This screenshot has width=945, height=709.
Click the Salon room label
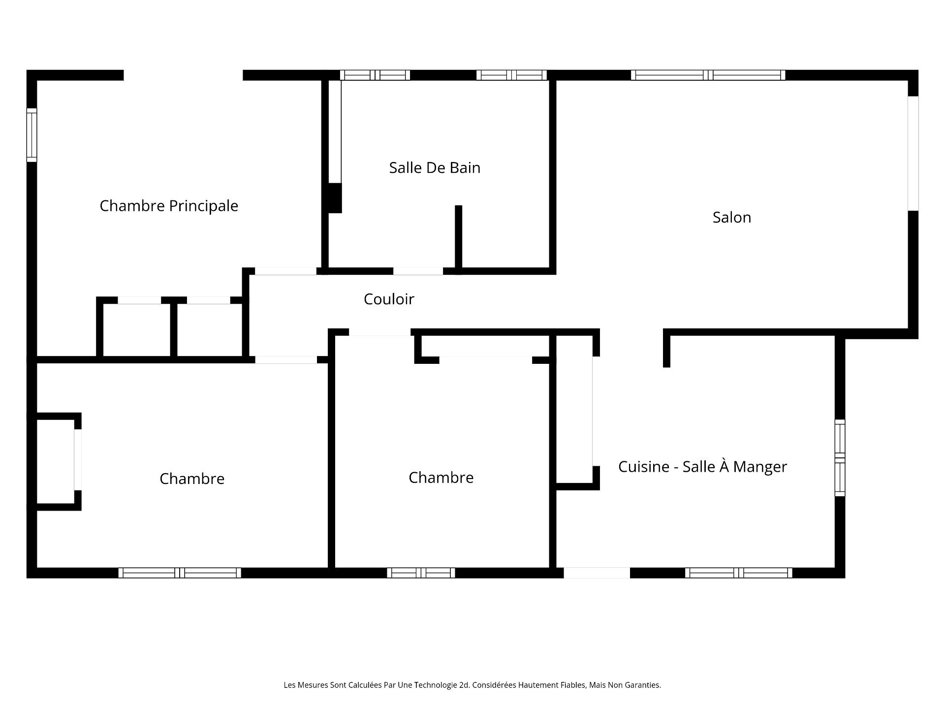click(x=731, y=218)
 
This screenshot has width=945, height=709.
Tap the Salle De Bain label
click(x=434, y=168)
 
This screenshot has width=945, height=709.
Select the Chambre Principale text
click(x=169, y=206)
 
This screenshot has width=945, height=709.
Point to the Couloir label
click(x=389, y=299)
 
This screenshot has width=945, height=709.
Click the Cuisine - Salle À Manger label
click(x=702, y=467)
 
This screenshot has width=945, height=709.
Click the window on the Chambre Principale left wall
click(x=31, y=135)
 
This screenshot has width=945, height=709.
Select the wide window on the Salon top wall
click(x=708, y=75)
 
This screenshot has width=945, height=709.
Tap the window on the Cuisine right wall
click(x=840, y=458)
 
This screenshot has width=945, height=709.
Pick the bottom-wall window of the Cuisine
click(x=738, y=573)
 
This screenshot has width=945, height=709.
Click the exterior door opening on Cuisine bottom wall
click(x=597, y=573)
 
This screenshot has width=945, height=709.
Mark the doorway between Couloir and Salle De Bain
click(x=418, y=271)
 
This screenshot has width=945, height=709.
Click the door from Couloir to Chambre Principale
click(x=285, y=271)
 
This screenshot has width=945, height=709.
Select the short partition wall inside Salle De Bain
click(x=458, y=236)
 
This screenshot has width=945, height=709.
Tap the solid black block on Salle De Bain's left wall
click(x=335, y=198)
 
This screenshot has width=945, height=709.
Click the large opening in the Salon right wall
click(x=913, y=153)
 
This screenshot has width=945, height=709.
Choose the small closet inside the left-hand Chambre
click(x=56, y=461)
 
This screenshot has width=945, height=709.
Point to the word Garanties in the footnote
click(x=643, y=685)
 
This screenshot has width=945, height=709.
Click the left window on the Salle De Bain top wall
click(x=375, y=75)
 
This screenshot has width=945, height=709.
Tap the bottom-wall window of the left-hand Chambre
click(x=180, y=573)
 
